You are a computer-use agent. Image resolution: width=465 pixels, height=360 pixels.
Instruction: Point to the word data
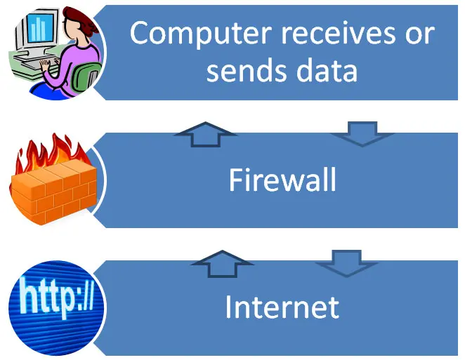coord(327,70)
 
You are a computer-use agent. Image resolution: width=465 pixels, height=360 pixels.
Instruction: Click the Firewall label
coord(282,180)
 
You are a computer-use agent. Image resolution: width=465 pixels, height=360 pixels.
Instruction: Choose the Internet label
coord(282,307)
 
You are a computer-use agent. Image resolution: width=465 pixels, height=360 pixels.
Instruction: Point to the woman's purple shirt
coord(70,56)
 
